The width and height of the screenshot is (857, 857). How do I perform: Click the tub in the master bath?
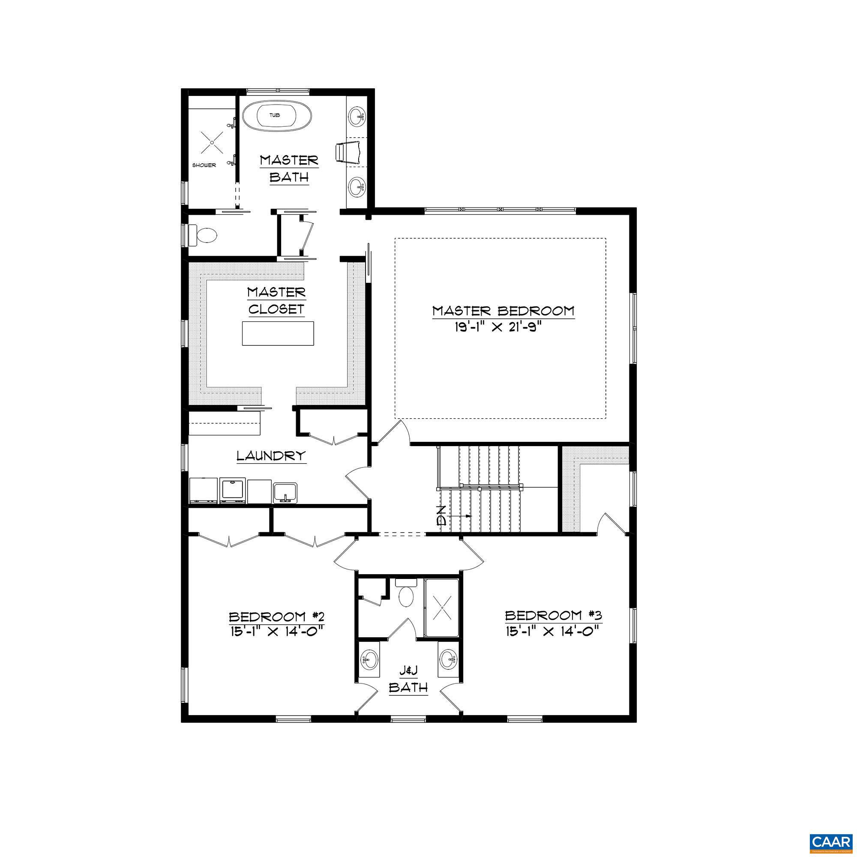tap(276, 116)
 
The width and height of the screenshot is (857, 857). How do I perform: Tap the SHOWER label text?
tap(204, 165)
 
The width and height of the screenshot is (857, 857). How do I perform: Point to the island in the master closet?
tap(278, 333)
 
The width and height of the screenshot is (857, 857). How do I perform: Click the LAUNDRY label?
tap(271, 455)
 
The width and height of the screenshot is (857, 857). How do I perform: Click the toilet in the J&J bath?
tap(406, 595)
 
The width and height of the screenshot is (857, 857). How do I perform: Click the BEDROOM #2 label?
tap(274, 617)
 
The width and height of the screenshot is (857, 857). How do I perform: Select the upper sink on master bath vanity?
tap(357, 118)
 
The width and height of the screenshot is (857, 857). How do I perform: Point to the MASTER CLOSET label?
tap(276, 300)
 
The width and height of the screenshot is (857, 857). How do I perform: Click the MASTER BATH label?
tap(289, 168)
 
